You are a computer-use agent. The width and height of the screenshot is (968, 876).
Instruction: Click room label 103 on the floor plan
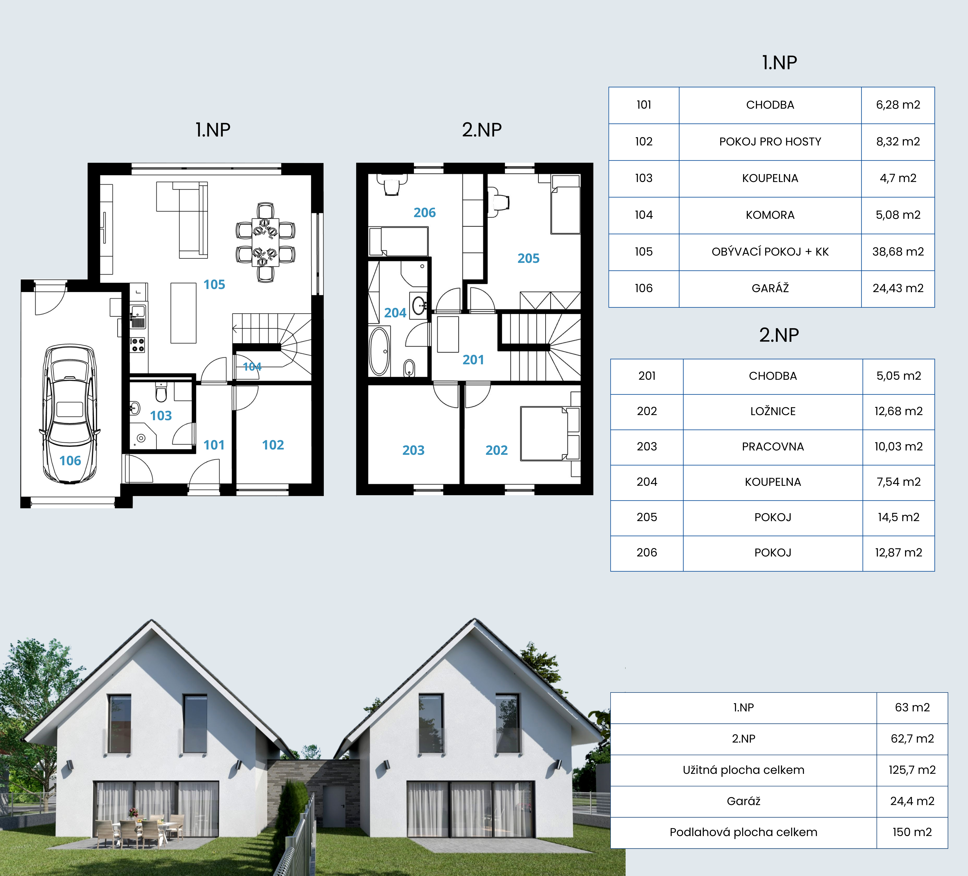[x=161, y=415]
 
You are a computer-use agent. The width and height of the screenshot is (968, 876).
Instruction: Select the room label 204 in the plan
[x=395, y=313]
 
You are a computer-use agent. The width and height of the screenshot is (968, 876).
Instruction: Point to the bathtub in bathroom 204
[x=379, y=351]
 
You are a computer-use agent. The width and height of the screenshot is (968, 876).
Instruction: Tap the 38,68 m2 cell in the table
[x=898, y=252]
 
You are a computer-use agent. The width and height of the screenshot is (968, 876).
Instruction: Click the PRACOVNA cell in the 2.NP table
[x=772, y=447]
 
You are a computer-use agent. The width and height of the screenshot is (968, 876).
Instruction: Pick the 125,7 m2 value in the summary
[x=912, y=770]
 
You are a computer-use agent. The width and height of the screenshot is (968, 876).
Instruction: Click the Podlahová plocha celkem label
[x=743, y=832]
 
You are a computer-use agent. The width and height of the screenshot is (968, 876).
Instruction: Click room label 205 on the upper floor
[x=528, y=258]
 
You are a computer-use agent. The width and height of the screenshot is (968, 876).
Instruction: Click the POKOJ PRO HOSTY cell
[x=770, y=142]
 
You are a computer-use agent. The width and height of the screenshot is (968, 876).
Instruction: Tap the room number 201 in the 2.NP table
[x=647, y=376]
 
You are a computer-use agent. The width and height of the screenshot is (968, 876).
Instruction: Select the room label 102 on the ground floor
[x=273, y=445]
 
